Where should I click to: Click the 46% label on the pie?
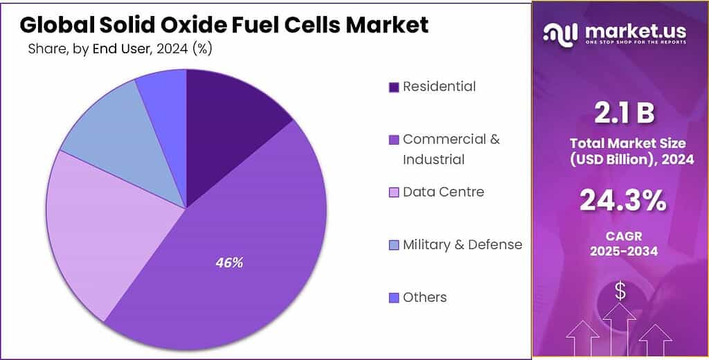coord(229,263)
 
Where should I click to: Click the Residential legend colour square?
coord(394,87)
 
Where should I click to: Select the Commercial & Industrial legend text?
coord(451,149)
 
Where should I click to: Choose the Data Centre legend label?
coord(443,192)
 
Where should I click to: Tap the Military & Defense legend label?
coord(462,244)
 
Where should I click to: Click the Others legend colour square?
coord(394,298)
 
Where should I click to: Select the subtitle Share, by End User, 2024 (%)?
coord(120,48)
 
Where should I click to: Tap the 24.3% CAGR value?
coord(622,201)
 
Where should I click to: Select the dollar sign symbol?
coord(620,292)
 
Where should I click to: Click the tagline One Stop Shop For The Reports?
coord(636,42)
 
